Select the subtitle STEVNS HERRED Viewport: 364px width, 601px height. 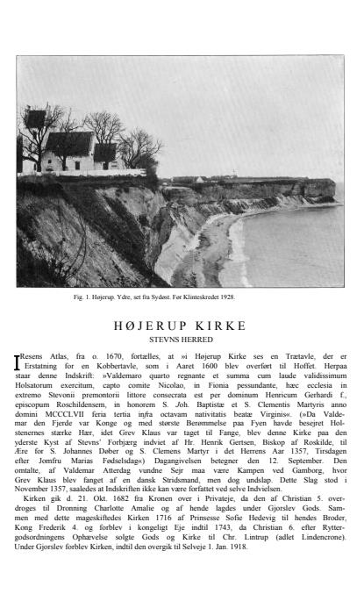coord(182,340)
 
